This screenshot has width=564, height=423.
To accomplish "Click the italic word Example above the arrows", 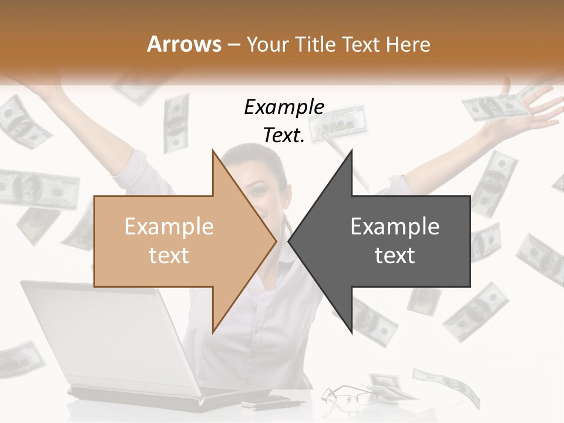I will click(284, 107).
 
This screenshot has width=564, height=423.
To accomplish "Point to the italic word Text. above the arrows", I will click(284, 136).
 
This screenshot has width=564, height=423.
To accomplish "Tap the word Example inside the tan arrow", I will click(169, 227).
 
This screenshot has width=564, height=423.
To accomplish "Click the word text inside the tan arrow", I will click(169, 256).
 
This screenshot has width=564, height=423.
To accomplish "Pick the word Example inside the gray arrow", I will click(395, 227).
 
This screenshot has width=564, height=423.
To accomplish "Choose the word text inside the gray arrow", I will click(395, 256).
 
